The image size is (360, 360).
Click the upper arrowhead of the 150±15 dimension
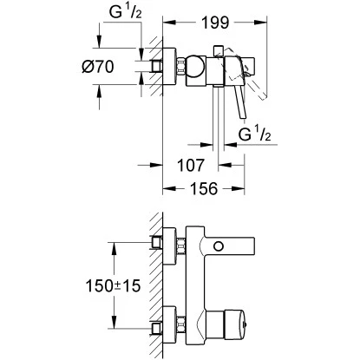(x=113, y=246)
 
